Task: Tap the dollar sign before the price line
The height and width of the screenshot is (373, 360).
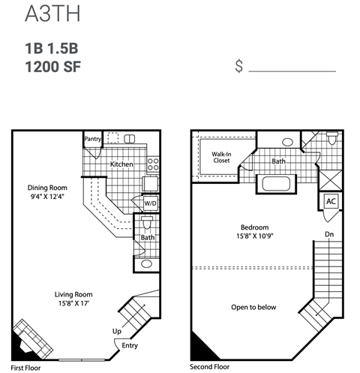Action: click(238, 67)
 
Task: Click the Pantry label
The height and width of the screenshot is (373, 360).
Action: click(93, 139)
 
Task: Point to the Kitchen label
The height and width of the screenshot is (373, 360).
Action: click(121, 164)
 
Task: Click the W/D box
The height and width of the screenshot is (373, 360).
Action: click(150, 203)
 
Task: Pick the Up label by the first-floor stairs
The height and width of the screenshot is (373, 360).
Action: click(116, 331)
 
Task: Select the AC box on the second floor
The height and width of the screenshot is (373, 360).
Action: click(331, 203)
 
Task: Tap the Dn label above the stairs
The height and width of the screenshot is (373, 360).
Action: click(328, 235)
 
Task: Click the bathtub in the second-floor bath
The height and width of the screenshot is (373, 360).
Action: click(279, 184)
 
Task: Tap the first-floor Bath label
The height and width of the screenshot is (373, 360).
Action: click(146, 238)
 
